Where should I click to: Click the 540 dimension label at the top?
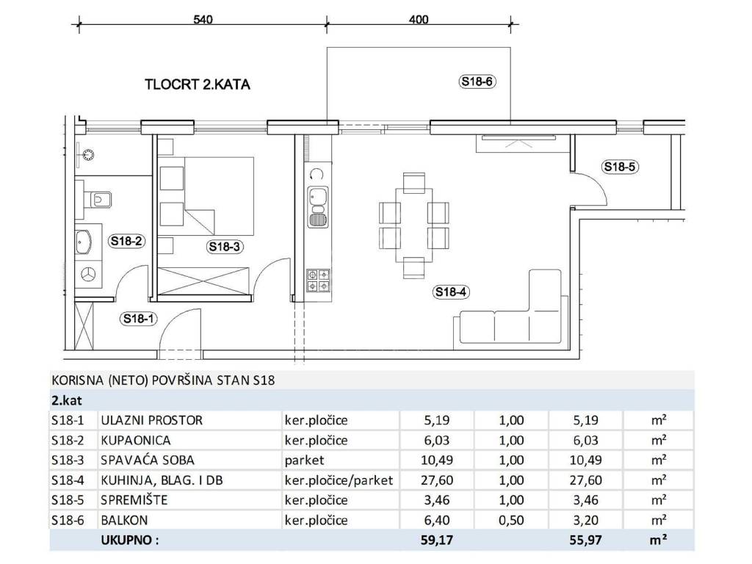coord(203,20)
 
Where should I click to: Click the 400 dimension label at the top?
coord(419,20)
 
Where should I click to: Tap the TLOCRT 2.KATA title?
coord(198,84)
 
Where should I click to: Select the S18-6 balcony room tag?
coord(477,82)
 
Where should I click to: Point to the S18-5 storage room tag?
coord(620,167)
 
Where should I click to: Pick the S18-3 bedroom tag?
coord(225,247)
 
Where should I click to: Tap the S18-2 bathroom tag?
coord(126,241)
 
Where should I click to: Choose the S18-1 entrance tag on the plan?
coord(139,319)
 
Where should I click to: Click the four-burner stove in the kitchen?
coord(318,281)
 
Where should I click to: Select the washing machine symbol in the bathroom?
coord(89,275)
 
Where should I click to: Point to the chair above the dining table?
coord(414,181)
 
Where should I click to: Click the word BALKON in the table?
coord(124,520)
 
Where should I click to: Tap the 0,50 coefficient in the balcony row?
coord(511,520)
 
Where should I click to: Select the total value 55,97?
coord(585,540)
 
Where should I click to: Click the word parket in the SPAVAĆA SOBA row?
coord(305,460)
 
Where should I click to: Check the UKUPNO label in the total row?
coord(129,540)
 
